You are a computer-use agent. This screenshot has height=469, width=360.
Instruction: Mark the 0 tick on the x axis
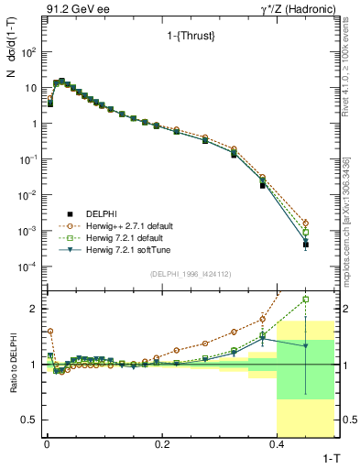46,443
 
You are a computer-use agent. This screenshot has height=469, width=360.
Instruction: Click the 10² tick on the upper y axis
29,52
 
